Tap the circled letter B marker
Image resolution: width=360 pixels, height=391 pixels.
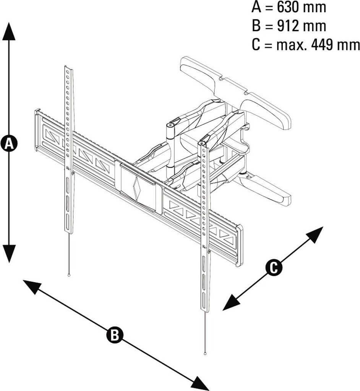coord(115,335)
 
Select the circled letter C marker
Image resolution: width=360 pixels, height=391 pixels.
coord(274,268)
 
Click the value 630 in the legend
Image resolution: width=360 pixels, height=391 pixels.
coord(289,8)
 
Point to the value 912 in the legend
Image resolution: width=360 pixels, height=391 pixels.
coord(289,26)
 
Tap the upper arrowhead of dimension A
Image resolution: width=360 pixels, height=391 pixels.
coord(9,31)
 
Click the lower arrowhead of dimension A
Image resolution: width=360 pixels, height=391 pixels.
coord(9,254)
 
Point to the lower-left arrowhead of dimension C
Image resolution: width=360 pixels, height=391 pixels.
coord(231,302)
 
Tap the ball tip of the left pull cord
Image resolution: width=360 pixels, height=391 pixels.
coord(69,275)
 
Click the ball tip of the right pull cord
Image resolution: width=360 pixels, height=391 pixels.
coord(205,353)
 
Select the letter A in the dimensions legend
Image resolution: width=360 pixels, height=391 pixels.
coord(256,8)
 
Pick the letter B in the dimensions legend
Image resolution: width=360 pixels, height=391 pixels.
coord(256,26)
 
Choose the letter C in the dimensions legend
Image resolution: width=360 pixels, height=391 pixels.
coord(256,45)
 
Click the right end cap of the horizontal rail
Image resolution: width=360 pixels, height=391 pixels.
coord(239,246)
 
